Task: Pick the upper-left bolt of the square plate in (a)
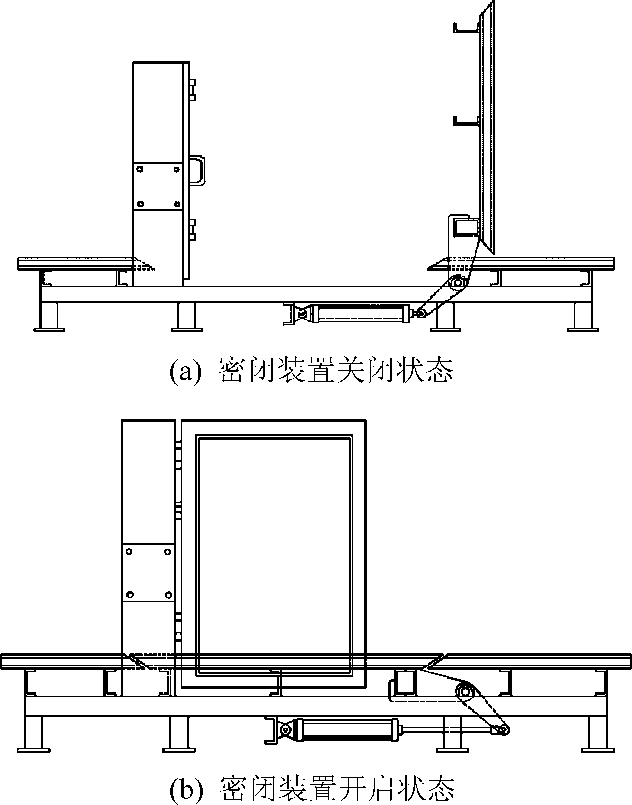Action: [140, 169]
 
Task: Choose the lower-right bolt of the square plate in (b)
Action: [168, 595]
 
